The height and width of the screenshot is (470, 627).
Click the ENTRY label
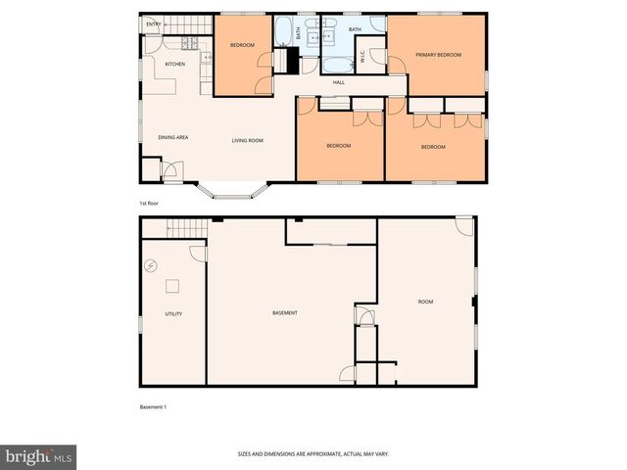153,23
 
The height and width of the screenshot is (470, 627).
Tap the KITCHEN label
175,65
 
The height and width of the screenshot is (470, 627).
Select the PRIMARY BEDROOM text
437,54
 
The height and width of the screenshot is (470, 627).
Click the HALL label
339,82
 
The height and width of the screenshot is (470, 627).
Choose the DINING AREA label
173,137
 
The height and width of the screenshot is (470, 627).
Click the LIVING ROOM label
248,140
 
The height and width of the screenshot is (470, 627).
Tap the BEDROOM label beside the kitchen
242,46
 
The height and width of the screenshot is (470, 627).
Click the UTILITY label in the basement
173,313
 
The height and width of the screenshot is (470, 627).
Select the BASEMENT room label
285,312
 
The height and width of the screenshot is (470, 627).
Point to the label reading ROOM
425,302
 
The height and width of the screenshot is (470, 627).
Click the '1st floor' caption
149,203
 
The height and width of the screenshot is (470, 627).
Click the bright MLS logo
38,456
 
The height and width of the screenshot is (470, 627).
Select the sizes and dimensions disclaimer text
327,454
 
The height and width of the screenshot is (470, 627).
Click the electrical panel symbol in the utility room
152,265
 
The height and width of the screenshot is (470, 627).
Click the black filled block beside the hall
289,59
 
